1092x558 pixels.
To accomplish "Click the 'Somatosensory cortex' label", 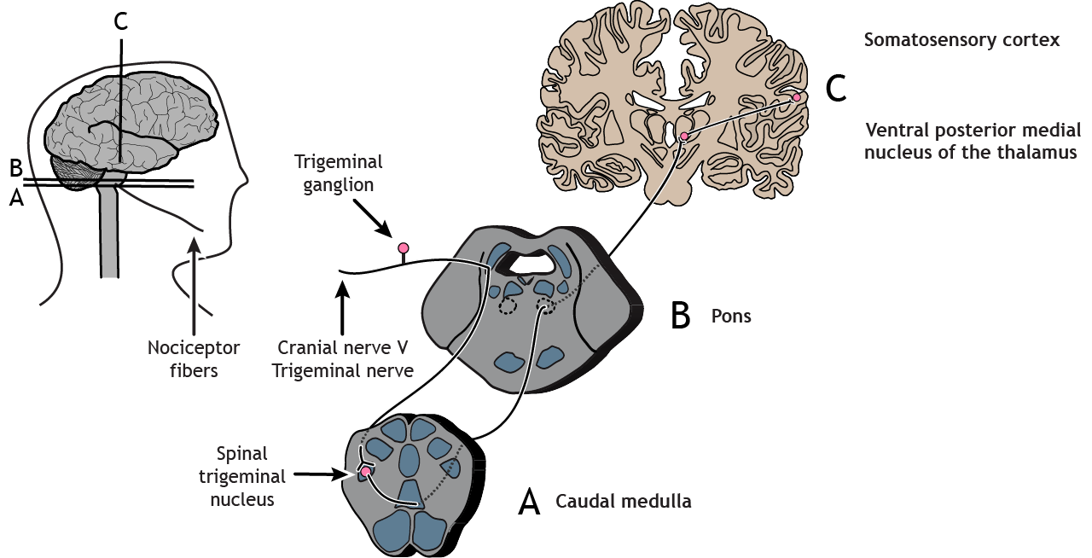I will click(x=961, y=40).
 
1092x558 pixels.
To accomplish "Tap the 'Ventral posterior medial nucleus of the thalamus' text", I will click(x=973, y=142).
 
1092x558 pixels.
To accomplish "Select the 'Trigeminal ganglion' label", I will click(x=339, y=172).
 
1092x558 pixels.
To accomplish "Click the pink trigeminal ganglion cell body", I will click(x=404, y=247).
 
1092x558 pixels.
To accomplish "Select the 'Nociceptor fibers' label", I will click(x=194, y=359).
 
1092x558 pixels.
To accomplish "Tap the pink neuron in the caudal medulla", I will click(x=366, y=472).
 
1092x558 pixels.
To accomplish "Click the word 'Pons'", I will click(x=731, y=316).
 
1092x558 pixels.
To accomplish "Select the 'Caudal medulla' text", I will click(x=623, y=502).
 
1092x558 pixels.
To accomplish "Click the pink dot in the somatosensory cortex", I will click(x=797, y=98).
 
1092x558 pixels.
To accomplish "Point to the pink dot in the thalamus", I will click(x=684, y=136).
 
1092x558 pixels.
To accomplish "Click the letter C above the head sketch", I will click(x=121, y=22).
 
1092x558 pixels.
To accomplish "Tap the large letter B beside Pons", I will click(x=680, y=316).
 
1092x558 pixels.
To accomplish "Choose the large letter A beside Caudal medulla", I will click(x=529, y=503).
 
